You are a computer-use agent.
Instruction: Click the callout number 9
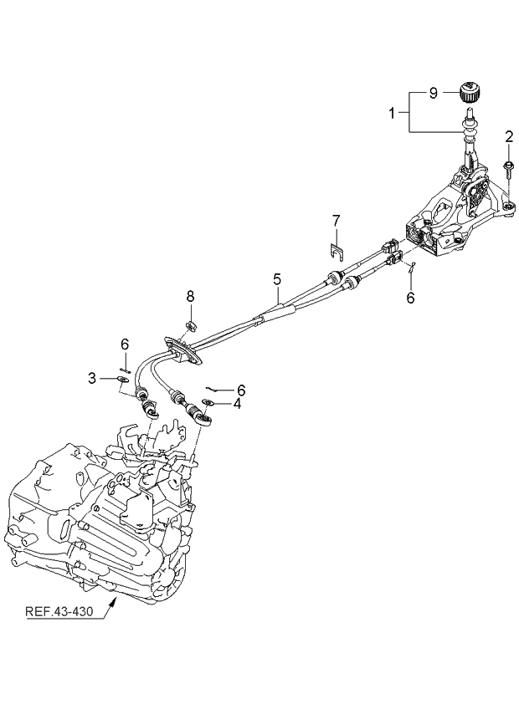433,94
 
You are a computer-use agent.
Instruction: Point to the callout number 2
507,136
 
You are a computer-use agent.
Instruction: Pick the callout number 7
335,222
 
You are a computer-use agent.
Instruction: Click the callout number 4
237,403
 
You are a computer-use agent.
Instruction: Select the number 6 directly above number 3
124,344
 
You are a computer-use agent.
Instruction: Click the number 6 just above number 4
240,390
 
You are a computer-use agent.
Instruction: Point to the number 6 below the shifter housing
409,297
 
